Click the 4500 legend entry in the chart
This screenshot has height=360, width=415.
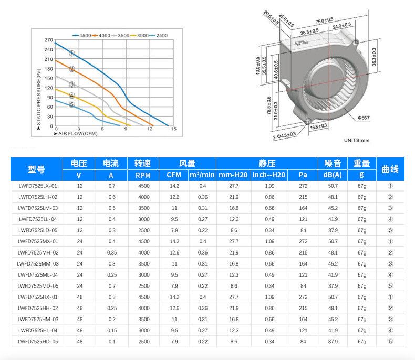82,35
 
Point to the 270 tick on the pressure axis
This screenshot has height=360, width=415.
49,40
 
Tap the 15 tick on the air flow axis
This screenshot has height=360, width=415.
174,129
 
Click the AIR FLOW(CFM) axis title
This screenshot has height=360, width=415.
76,134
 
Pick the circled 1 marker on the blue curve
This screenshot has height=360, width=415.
72,54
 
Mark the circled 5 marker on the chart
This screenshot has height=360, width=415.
72,104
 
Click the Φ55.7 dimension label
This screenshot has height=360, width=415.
364,118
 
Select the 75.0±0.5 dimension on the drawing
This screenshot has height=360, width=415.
324,20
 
